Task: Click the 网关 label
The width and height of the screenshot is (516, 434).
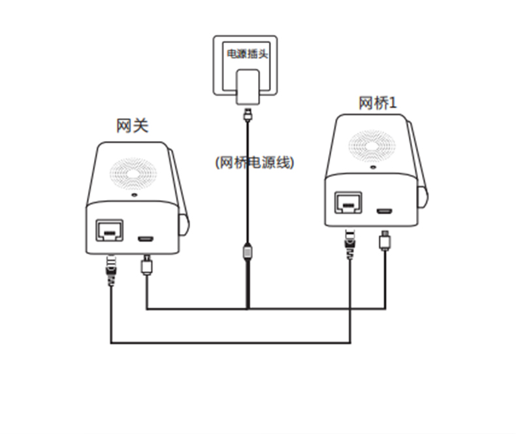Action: pos(133,125)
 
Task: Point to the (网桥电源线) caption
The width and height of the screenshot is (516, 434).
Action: pos(255,163)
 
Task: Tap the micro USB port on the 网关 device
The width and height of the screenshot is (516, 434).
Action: pos(146,237)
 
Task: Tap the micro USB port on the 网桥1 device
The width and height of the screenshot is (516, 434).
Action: pos(385,210)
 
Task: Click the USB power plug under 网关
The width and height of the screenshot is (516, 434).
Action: pos(147,265)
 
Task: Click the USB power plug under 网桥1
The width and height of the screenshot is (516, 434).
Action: pos(385,239)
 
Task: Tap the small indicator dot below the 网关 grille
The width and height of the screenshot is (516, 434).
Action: pos(134,195)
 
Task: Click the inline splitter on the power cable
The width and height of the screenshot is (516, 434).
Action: pos(247,251)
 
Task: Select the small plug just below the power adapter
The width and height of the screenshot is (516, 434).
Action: pos(247,115)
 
